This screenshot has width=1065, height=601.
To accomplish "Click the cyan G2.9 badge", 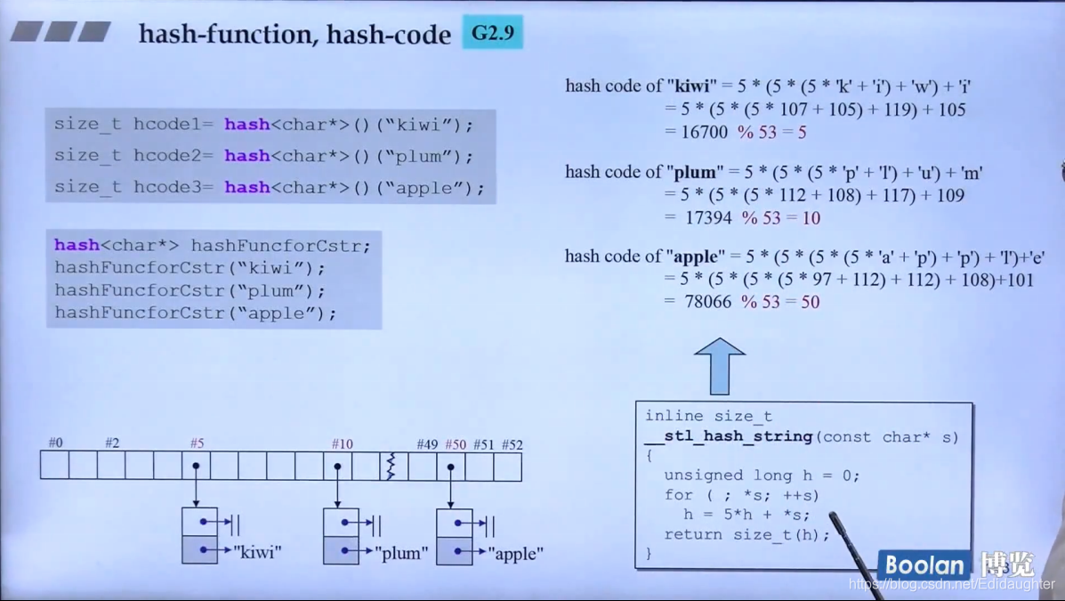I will [492, 34].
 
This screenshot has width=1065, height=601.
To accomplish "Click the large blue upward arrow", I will [719, 366].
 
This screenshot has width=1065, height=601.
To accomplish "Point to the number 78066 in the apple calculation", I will [708, 302].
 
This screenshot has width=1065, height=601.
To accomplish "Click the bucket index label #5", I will [197, 443].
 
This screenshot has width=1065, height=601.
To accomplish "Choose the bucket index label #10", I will [343, 443].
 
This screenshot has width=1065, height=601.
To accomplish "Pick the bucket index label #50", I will [455, 443].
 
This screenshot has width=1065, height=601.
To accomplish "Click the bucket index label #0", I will [55, 443].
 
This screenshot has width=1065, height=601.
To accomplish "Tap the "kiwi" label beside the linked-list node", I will [257, 552].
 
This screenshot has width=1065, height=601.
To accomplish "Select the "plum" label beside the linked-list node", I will [401, 553].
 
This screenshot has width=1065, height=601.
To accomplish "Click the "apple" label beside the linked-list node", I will [516, 553].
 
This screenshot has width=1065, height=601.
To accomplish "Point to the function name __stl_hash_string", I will [728, 436].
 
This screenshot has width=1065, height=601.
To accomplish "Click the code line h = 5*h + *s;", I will [746, 515].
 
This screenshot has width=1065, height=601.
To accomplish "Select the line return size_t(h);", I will [746, 534].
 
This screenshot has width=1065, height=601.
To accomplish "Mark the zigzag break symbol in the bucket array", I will [391, 466].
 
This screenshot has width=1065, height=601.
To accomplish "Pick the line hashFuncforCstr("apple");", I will [196, 313].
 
